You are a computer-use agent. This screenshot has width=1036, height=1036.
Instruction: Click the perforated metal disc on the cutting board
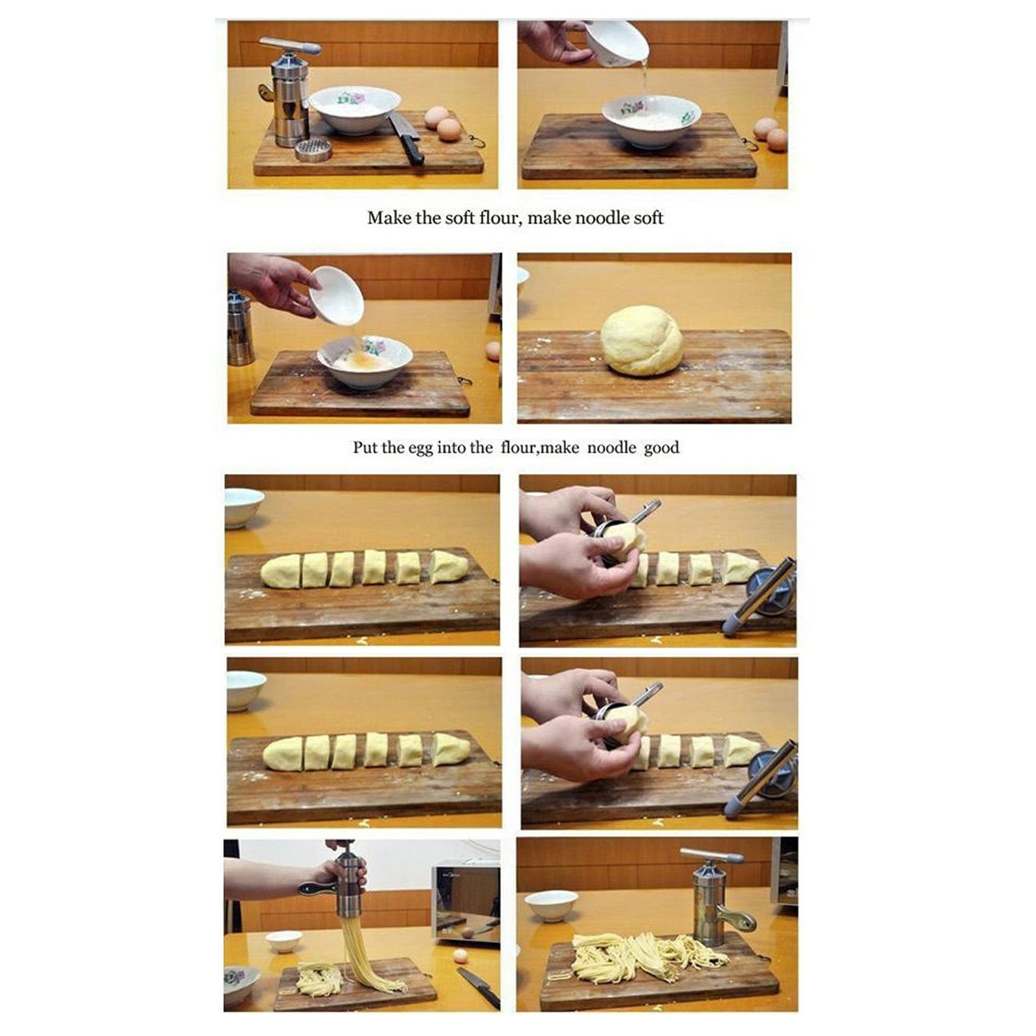coord(313,149)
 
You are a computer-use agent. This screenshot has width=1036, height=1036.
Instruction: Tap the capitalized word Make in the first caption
coord(388,218)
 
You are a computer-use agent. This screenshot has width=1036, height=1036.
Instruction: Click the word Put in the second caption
coord(365,447)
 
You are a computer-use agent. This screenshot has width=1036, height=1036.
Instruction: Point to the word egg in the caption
coord(420,449)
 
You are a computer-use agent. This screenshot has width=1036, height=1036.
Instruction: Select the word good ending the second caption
coord(661,448)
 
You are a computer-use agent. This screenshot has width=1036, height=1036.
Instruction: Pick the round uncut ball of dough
coord(641,341)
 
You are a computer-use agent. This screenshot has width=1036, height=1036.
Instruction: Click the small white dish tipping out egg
coord(335,295)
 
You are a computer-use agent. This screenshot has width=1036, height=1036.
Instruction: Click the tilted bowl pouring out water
coord(616,44)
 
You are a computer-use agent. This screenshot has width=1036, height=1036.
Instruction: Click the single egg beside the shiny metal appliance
coord(460,956)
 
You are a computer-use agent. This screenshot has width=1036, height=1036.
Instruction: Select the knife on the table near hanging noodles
coord(479,986)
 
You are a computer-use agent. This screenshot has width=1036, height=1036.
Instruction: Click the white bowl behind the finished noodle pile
coord(551,905)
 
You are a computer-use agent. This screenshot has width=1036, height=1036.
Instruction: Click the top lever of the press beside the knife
coord(290,45)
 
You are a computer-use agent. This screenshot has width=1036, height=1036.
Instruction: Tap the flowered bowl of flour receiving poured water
coord(651,121)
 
